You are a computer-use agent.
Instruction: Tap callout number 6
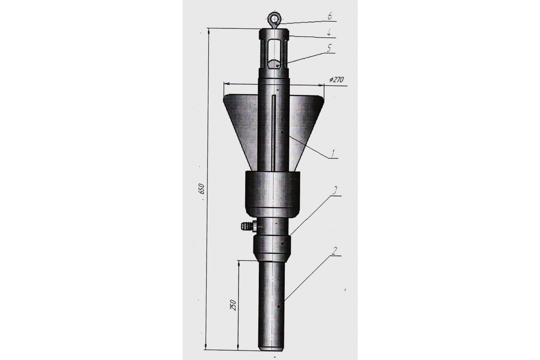click(x=330, y=16)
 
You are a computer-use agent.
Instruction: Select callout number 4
click(x=329, y=33)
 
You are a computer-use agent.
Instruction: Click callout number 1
click(x=333, y=153)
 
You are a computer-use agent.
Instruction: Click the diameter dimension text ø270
click(x=336, y=79)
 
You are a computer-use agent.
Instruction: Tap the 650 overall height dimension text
click(x=202, y=189)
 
